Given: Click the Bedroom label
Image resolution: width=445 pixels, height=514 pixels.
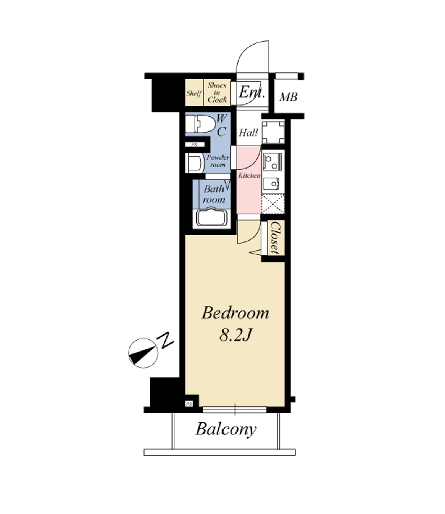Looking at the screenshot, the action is click(235, 313).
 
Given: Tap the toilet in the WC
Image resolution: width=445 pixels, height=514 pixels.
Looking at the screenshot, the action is click(200, 124).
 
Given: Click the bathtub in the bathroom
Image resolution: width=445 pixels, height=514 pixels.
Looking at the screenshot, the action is click(212, 218).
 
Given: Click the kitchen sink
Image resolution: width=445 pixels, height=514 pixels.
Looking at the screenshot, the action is click(273, 184).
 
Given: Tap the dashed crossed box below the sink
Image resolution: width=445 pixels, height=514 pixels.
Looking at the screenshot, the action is click(273, 204).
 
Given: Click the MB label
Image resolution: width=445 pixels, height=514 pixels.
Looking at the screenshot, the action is click(288, 97).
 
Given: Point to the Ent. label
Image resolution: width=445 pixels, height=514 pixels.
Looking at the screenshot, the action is click(252, 92).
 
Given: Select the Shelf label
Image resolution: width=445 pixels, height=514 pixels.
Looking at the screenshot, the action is click(194, 93).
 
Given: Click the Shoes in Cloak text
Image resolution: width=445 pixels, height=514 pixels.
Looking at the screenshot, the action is click(217, 93).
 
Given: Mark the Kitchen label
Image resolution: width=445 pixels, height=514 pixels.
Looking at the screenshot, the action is click(249, 175).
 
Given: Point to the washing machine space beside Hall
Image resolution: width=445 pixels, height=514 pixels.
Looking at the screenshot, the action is click(273, 132).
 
